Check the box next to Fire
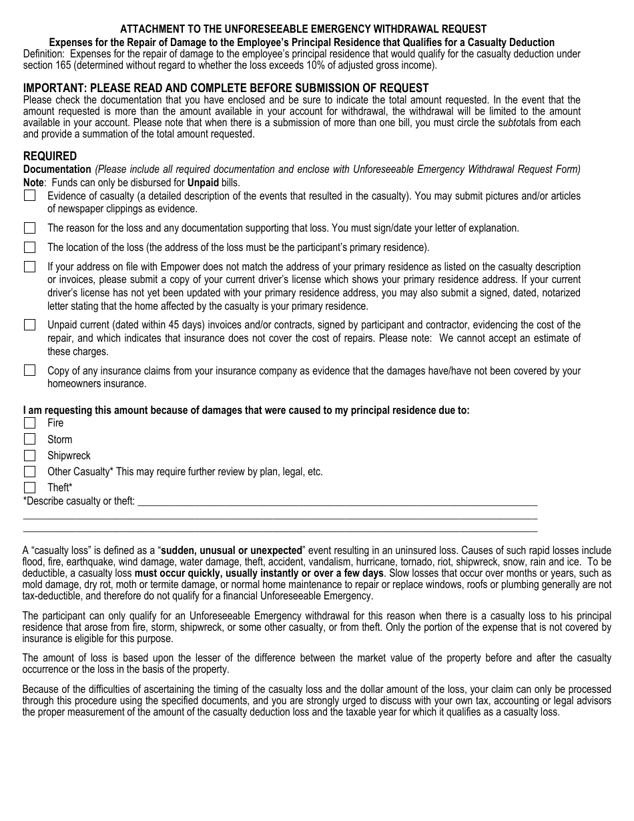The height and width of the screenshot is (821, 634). click(29, 423)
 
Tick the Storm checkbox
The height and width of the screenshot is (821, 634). click(29, 439)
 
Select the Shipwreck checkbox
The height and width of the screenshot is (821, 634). click(29, 455)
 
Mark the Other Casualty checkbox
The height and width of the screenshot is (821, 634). click(29, 471)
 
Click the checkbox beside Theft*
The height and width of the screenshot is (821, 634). click(29, 487)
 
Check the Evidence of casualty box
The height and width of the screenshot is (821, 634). click(29, 196)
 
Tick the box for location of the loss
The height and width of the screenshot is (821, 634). click(29, 247)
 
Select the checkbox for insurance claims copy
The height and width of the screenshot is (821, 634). click(29, 370)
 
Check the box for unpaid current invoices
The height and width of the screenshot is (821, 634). click(29, 325)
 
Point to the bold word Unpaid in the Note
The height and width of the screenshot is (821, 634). click(203, 183)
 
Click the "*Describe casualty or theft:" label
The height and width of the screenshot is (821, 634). click(79, 501)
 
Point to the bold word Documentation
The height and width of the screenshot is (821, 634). click(57, 170)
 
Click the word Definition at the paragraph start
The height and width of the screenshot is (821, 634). click(44, 54)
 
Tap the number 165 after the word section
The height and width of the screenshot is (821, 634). click(67, 65)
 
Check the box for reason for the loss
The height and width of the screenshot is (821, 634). click(29, 228)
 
